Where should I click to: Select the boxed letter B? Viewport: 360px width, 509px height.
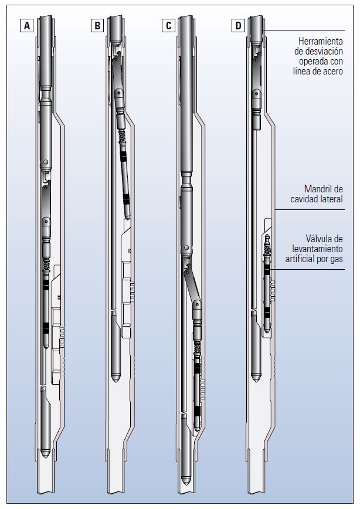(97, 26)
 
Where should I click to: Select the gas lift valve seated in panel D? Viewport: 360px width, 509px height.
(267, 287)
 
